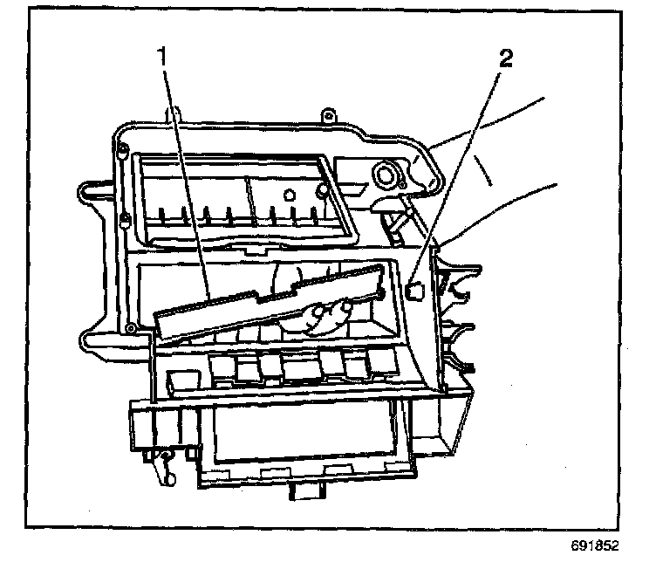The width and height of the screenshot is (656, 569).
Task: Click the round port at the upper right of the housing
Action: [x=384, y=176]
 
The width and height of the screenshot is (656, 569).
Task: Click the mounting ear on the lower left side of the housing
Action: [x=92, y=339]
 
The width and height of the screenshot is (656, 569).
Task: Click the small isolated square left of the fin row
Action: [x=181, y=379]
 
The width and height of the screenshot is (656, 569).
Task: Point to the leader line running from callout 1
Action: [x=186, y=175]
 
